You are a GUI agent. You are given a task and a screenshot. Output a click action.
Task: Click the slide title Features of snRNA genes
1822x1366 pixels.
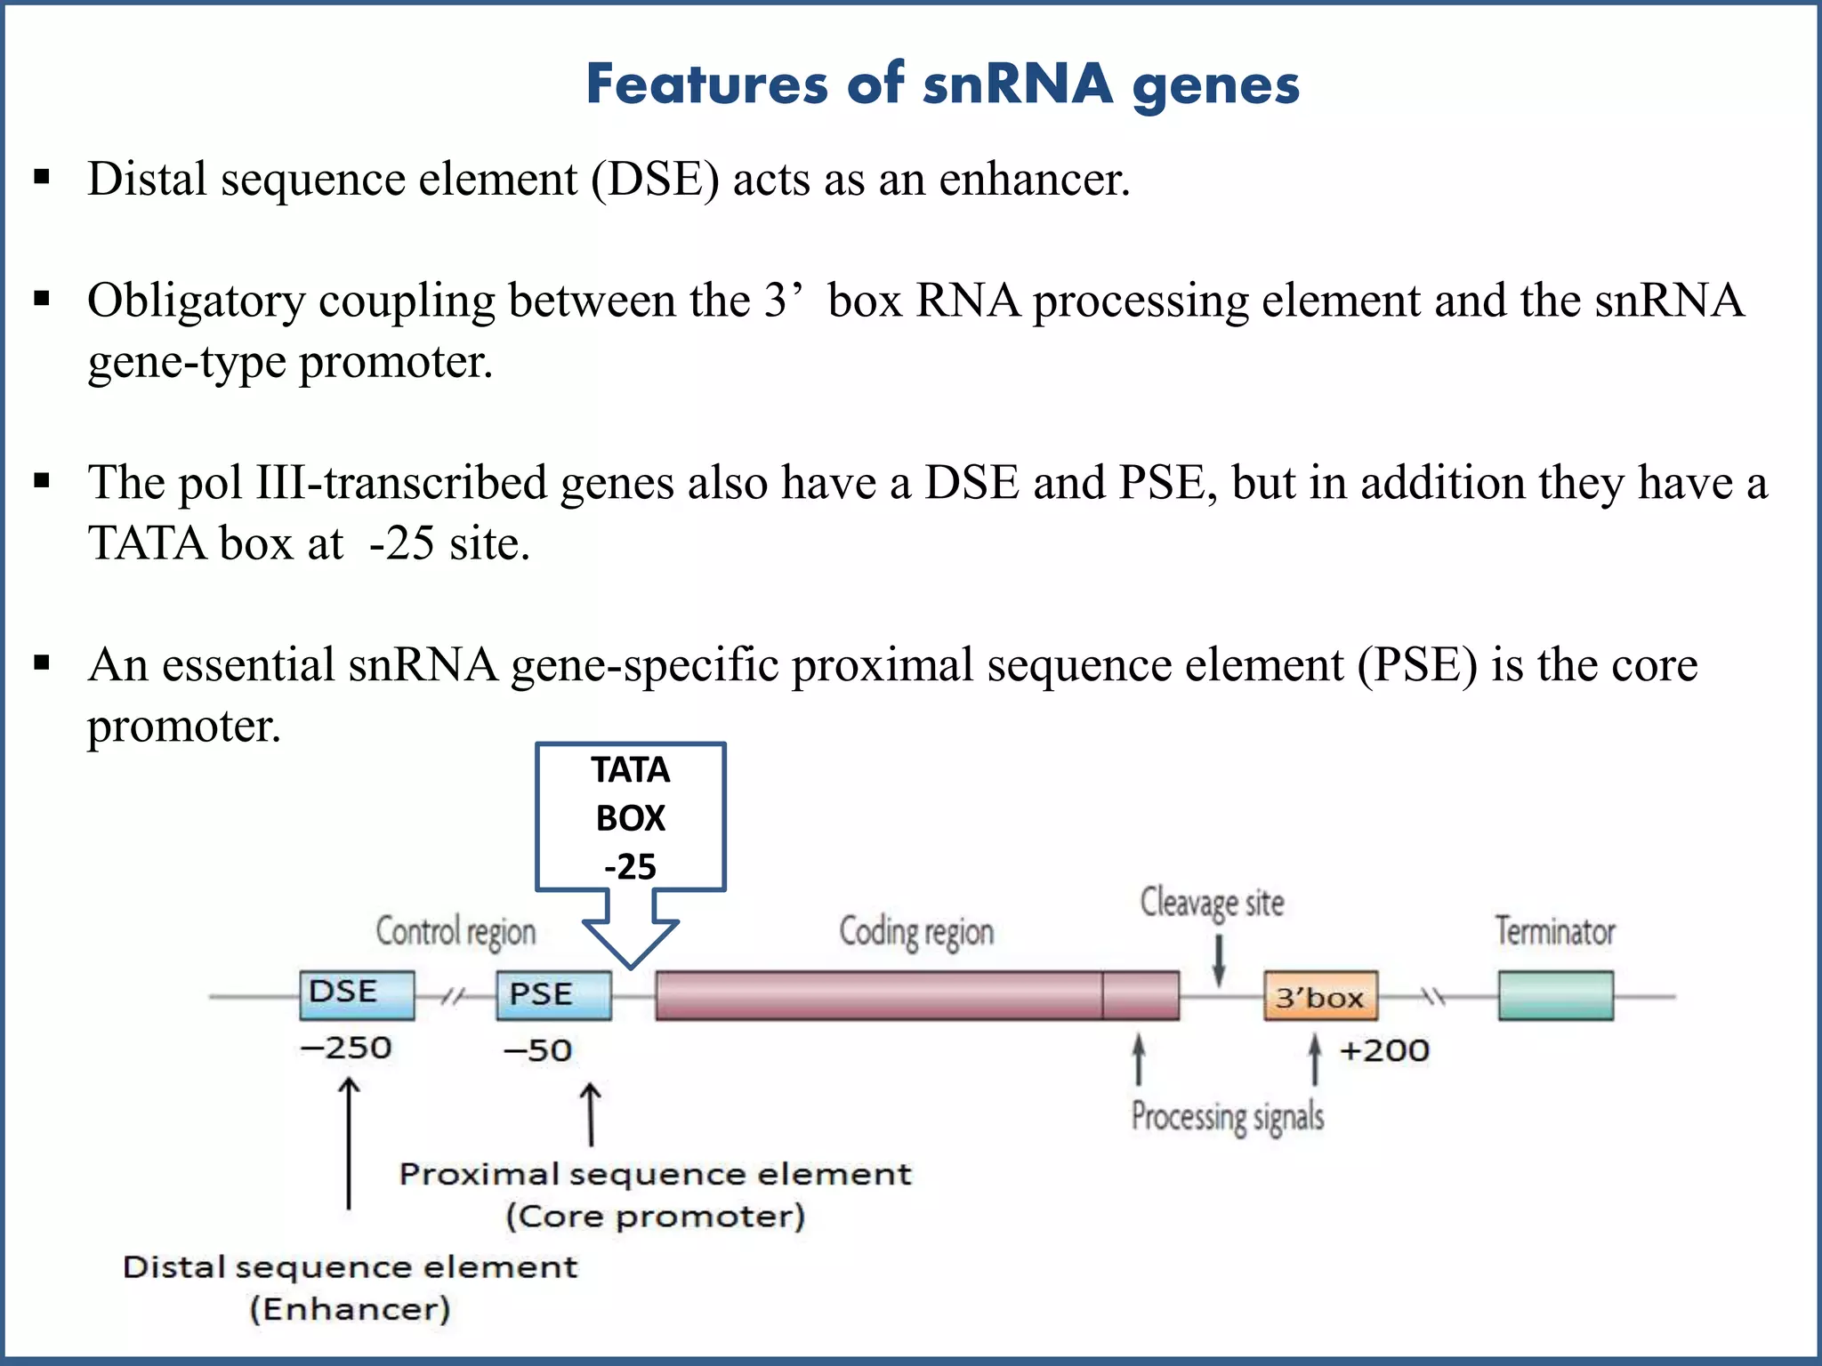(x=942, y=84)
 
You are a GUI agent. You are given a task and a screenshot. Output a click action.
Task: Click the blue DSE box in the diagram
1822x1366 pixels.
(x=357, y=994)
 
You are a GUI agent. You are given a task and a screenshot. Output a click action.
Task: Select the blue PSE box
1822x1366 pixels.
(x=553, y=995)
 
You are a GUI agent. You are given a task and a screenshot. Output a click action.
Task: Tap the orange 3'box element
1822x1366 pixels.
(x=1320, y=996)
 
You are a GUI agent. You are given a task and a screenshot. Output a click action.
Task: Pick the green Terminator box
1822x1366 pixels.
(x=1555, y=995)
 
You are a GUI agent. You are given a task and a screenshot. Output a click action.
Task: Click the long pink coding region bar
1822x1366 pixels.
(x=916, y=995)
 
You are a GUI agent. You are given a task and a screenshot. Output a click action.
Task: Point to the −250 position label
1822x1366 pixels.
(x=346, y=1048)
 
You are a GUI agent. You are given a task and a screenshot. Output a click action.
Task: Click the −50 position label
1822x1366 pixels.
(x=537, y=1050)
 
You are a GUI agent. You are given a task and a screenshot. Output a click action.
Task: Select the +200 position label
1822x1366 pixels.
(x=1384, y=1050)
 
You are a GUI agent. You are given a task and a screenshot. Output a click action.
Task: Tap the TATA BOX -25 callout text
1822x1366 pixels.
(x=631, y=817)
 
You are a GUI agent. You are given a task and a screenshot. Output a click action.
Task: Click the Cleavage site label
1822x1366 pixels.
(x=1212, y=903)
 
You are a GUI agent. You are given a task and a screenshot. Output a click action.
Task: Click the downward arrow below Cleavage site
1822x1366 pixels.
(x=1219, y=960)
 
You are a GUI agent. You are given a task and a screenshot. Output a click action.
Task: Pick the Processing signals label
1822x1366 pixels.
(x=1227, y=1117)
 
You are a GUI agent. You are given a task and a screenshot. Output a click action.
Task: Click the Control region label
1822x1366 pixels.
(x=455, y=932)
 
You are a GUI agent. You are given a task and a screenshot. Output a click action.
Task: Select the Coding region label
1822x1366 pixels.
(x=916, y=932)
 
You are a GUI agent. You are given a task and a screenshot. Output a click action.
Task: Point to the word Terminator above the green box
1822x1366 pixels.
(x=1554, y=931)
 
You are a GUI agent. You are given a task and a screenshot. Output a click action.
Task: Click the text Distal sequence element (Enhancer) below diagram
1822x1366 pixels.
(x=350, y=1287)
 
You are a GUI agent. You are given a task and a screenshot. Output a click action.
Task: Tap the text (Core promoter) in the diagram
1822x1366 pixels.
(x=656, y=1216)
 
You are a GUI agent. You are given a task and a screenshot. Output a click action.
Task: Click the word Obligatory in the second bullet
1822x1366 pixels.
(x=196, y=301)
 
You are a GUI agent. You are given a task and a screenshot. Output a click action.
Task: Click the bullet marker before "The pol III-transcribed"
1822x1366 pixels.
(x=42, y=482)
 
